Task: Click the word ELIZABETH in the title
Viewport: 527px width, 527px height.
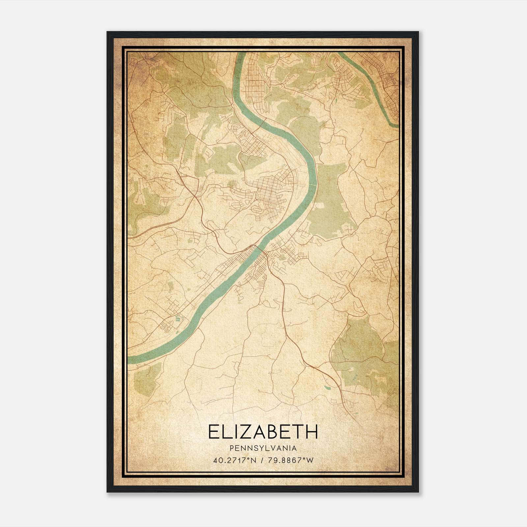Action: [263, 432]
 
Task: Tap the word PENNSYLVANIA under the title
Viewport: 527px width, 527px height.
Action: [263, 448]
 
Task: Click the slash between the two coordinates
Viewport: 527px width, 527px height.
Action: [262, 460]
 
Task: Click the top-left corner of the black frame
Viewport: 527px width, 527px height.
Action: [107, 32]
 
